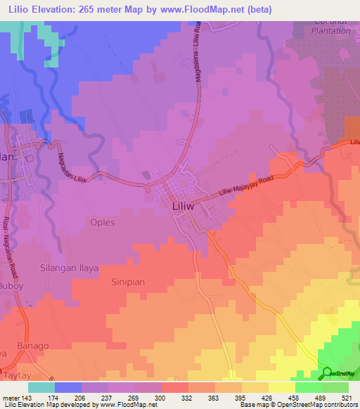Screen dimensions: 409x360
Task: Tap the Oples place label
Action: pos(102,222)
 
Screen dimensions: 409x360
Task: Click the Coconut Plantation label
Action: pos(330,26)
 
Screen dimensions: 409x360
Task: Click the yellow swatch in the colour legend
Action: pos(281,387)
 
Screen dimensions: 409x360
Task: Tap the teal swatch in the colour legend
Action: pos(41,387)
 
